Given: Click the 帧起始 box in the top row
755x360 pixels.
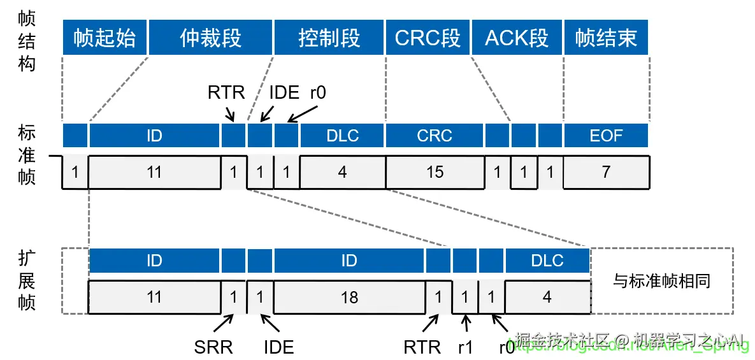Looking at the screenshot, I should tap(104, 38).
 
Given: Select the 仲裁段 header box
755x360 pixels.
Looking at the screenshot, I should tap(210, 38).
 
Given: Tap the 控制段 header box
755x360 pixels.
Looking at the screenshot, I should tap(329, 38).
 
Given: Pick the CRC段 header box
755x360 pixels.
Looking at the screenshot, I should tap(428, 38).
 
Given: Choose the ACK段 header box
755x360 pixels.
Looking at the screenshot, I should tap(517, 38).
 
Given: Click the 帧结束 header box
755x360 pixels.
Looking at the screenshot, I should tap(606, 38).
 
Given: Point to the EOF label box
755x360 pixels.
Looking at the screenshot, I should tap(606, 136).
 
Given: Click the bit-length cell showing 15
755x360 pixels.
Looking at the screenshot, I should tap(435, 172).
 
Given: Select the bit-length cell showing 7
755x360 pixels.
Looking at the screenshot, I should tap(606, 172).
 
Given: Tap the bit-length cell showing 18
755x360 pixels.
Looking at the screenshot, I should tap(349, 297).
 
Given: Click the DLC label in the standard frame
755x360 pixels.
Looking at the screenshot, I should tap(342, 136).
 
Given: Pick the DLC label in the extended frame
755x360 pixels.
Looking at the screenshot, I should tap(547, 261).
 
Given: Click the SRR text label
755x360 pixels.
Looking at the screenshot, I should tap(213, 347).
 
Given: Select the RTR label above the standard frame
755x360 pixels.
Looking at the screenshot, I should tap(226, 92).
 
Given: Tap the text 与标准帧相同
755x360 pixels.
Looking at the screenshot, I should tap(661, 280).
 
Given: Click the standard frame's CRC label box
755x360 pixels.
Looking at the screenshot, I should tap(435, 136).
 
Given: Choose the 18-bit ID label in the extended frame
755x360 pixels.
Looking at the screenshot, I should tap(349, 261).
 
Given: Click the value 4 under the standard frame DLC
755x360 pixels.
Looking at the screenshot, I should tap(342, 172).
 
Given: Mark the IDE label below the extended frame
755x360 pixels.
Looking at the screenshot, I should tap(278, 347).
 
